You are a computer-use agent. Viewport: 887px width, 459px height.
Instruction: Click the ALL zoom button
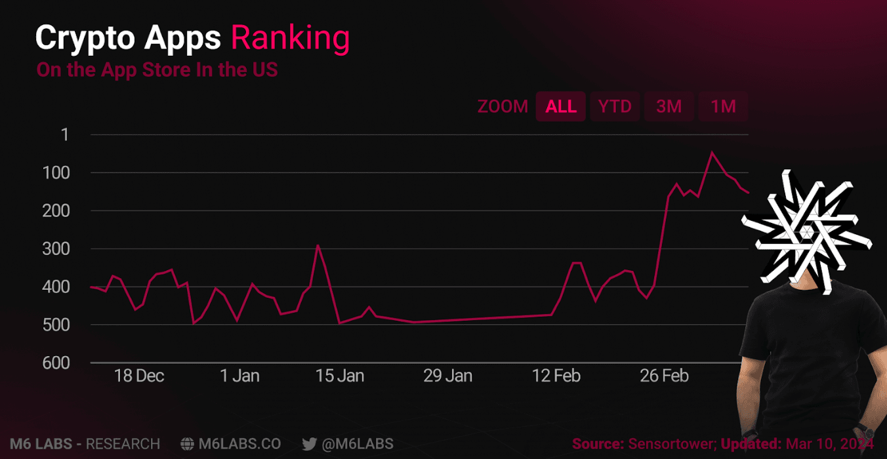click(561, 106)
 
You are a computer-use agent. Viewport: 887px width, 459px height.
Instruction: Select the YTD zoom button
click(615, 106)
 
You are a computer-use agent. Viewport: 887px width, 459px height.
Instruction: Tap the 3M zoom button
click(669, 106)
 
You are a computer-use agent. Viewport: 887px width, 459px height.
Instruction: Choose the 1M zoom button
click(723, 106)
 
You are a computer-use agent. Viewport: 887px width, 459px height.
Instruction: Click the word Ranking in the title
click(290, 39)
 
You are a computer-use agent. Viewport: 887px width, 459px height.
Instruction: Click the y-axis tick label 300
click(56, 249)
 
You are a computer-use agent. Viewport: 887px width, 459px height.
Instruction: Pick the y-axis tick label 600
click(56, 363)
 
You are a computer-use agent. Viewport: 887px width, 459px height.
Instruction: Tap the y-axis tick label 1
click(64, 135)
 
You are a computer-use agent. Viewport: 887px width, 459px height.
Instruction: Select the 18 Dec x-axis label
click(139, 376)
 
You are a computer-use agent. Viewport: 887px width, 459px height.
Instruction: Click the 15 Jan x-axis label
click(340, 376)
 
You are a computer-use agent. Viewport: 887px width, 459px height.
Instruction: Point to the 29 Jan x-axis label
click(447, 376)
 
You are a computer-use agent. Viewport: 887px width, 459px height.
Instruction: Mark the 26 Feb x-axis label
click(664, 376)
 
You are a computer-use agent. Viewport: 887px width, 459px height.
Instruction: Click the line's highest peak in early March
click(712, 152)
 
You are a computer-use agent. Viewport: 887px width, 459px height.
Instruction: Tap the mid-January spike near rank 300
click(318, 245)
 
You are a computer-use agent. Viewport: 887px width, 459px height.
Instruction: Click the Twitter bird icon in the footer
click(310, 444)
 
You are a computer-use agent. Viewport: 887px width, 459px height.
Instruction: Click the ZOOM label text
click(503, 106)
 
